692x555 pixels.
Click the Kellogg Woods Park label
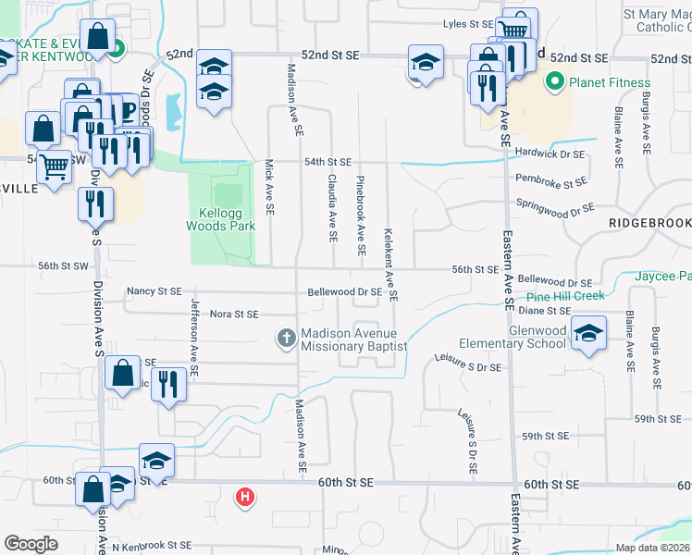[x=220, y=219]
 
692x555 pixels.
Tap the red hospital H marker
[x=245, y=497]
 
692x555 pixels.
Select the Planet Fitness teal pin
[x=555, y=82]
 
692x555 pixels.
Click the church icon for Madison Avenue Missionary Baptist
[x=286, y=339]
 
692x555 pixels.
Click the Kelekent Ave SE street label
[x=390, y=265]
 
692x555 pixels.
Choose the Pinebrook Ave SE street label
[x=360, y=216]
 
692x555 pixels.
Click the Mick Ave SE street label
[x=270, y=188]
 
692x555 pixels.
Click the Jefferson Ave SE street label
[x=194, y=337]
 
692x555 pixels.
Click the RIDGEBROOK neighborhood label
[x=649, y=224]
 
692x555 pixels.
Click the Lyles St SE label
[x=468, y=24]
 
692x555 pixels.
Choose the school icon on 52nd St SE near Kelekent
[x=425, y=64]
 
